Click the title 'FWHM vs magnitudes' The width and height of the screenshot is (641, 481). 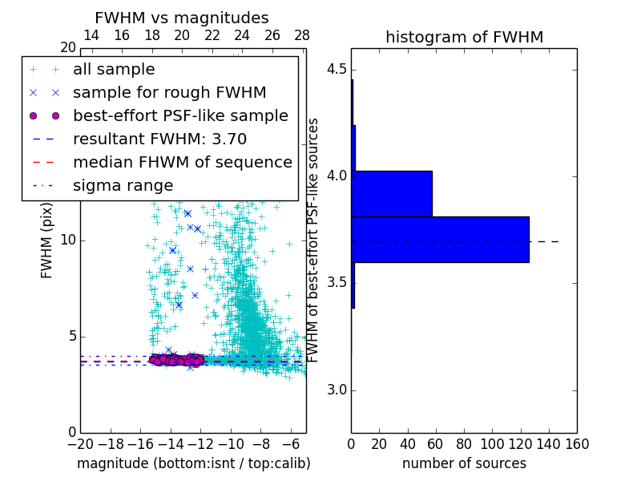point(182,18)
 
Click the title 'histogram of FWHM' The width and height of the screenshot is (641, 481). point(464,37)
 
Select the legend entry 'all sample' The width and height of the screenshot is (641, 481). point(114,70)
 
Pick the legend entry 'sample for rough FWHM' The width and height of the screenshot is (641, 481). point(169,93)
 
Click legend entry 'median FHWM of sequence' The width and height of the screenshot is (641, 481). point(182,162)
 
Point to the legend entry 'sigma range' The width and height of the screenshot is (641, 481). point(123,185)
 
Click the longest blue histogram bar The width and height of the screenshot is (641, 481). point(440,239)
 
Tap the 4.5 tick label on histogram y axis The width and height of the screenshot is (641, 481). point(335,69)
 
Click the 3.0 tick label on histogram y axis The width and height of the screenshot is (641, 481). point(335,390)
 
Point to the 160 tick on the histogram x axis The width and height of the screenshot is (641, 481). point(577,443)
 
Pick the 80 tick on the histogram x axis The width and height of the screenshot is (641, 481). point(464,443)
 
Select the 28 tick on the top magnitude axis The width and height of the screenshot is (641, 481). point(302,36)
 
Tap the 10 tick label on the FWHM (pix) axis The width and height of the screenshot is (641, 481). point(67,240)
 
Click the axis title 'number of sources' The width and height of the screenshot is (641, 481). point(464,463)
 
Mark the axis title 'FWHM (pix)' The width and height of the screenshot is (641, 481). point(47,240)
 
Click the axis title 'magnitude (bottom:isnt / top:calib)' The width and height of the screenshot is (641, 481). point(193,463)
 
